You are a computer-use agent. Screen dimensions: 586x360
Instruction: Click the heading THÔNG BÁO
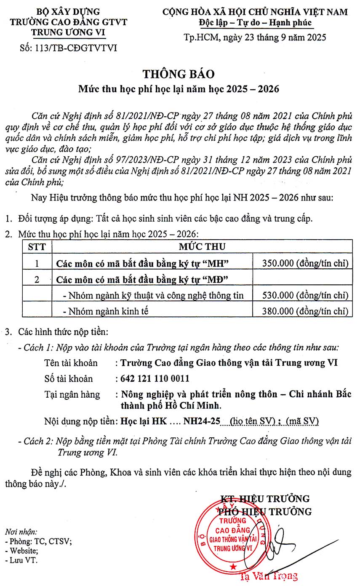[179, 74]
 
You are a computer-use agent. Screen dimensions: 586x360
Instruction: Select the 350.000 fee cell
[305, 264]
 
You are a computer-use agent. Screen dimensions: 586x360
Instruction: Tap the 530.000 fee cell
[305, 295]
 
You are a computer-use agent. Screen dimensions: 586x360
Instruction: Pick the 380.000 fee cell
[305, 311]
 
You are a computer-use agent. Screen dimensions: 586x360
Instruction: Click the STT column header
[37, 247]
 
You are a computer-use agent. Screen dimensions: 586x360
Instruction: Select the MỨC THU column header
[202, 247]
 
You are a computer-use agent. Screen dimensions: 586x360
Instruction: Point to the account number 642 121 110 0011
[155, 378]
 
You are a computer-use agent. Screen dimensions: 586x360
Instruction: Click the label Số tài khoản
[69, 378]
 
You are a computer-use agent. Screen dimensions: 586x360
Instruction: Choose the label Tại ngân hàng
[72, 394]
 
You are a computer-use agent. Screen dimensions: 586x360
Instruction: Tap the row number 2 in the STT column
[37, 279]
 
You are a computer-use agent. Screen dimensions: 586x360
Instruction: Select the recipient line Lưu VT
[21, 560]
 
